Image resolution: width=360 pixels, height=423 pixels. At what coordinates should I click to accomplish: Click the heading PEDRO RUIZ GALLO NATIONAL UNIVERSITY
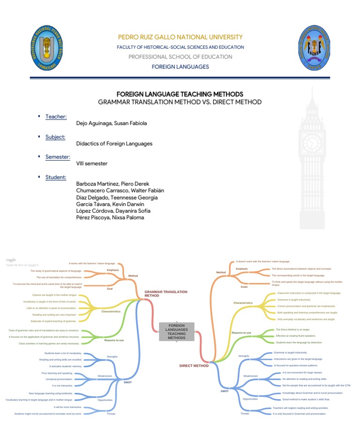click(180, 37)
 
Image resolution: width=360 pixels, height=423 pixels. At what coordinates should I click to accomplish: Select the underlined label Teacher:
click(56, 117)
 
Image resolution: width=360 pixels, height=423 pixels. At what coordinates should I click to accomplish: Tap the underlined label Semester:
click(58, 157)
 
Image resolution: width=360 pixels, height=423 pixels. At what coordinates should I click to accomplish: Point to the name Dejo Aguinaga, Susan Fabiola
click(111, 124)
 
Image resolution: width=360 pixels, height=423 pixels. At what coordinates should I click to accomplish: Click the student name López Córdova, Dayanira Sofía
click(113, 211)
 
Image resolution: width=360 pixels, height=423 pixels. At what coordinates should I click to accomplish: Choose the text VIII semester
click(91, 164)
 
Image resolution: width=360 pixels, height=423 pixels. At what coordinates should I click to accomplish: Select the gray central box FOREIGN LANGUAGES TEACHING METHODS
click(176, 331)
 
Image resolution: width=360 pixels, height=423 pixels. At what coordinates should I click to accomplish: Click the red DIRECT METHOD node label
click(194, 366)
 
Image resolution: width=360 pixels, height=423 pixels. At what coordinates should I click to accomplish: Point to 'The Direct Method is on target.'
click(292, 330)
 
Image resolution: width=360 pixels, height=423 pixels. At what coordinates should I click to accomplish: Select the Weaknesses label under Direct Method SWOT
click(250, 376)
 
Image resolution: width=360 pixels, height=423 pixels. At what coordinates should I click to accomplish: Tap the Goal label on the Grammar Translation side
click(110, 289)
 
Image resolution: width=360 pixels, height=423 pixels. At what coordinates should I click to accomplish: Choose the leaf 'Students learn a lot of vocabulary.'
click(63, 353)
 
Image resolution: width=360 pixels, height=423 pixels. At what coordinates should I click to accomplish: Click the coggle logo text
click(11, 260)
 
